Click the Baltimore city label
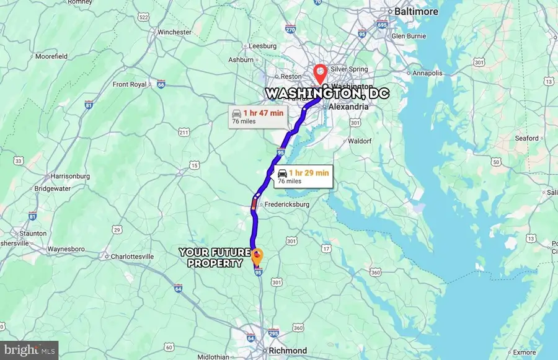(x=417, y=12)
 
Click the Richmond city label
(x=288, y=351)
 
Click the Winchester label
(x=175, y=32)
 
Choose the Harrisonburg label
(x=69, y=176)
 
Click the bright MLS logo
(x=29, y=350)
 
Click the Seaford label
(x=526, y=138)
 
